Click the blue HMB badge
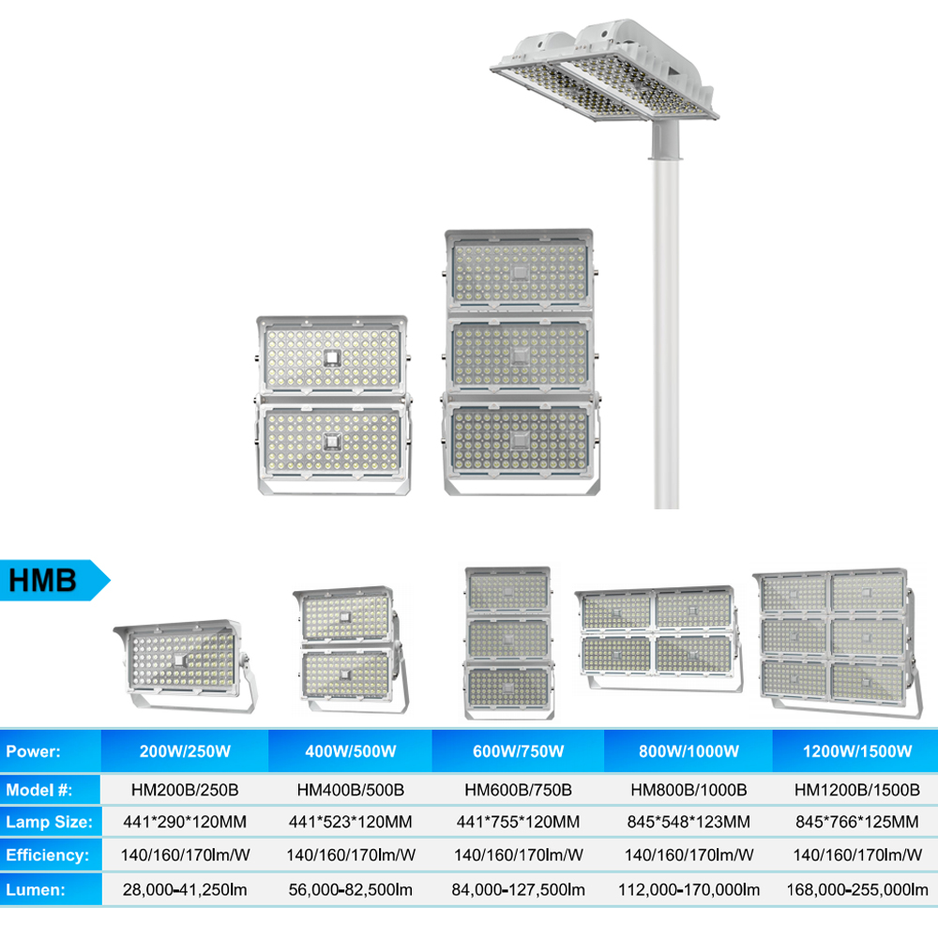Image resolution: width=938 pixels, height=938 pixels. (x=53, y=580)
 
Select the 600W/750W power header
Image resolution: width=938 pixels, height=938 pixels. (x=518, y=751)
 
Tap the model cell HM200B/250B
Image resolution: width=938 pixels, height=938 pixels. (x=185, y=790)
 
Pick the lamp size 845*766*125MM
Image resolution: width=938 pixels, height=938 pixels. (x=856, y=822)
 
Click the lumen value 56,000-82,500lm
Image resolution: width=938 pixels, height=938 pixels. (x=351, y=889)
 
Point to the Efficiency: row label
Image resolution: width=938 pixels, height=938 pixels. (x=47, y=855)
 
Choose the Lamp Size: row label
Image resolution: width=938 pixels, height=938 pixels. (x=49, y=822)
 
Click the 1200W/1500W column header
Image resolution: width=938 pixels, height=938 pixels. (x=857, y=751)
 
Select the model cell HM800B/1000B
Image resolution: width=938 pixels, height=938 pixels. (x=688, y=790)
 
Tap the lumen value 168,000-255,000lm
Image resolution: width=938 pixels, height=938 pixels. (x=857, y=889)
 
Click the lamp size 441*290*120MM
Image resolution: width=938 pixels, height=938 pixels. (x=185, y=822)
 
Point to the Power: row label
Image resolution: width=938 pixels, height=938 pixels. (x=33, y=751)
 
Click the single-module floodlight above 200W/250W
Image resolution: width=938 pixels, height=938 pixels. (x=186, y=665)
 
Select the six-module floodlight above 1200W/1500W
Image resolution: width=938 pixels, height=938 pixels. (x=838, y=643)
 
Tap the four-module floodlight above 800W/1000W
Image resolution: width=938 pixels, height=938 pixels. (x=658, y=639)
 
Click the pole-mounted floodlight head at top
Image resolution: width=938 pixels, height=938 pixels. (x=604, y=70)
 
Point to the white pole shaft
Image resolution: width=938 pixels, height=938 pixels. (x=666, y=334)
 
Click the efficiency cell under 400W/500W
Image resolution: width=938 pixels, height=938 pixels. (x=351, y=855)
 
